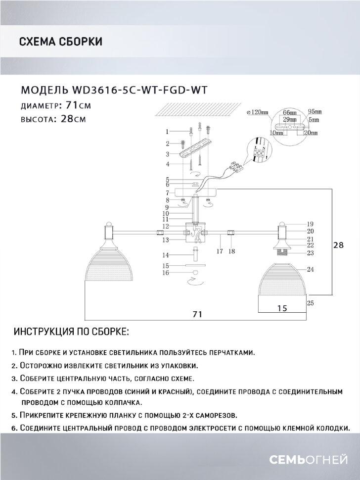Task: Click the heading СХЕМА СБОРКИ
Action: point(60,42)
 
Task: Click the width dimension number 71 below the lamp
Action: point(197,314)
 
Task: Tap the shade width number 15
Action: point(282,307)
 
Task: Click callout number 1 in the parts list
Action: point(168,131)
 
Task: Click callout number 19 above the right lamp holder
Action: point(310,224)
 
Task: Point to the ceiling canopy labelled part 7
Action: point(198,192)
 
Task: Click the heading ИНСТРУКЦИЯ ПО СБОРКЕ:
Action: point(72,331)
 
